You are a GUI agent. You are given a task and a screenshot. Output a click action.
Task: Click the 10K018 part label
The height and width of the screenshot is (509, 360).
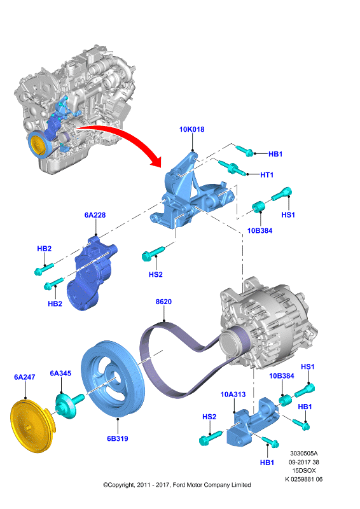tap(192, 129)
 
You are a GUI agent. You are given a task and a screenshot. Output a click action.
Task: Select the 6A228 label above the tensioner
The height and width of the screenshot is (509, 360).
tap(95, 215)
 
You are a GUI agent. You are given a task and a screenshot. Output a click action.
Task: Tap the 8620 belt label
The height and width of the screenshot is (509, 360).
tap(163, 302)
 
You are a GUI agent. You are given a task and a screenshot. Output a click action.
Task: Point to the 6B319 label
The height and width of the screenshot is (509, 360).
tap(118, 438)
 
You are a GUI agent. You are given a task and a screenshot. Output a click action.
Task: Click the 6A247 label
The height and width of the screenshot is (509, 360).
tap(24, 377)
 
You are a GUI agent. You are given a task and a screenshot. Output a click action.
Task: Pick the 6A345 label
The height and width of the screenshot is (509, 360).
tap(60, 373)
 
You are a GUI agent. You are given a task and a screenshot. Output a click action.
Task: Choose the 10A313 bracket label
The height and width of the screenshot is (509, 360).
tap(233, 394)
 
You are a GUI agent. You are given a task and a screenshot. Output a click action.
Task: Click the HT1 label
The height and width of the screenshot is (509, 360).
tap(267, 175)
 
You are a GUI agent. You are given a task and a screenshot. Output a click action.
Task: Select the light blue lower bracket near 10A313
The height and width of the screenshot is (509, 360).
tap(253, 422)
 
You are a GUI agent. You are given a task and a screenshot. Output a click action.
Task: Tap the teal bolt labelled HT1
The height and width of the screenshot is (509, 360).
tap(232, 167)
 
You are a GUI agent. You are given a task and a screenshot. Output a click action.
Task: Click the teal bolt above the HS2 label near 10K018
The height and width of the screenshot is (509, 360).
tap(153, 254)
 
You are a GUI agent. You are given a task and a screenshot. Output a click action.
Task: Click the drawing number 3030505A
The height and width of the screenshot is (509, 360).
tap(304, 453)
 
